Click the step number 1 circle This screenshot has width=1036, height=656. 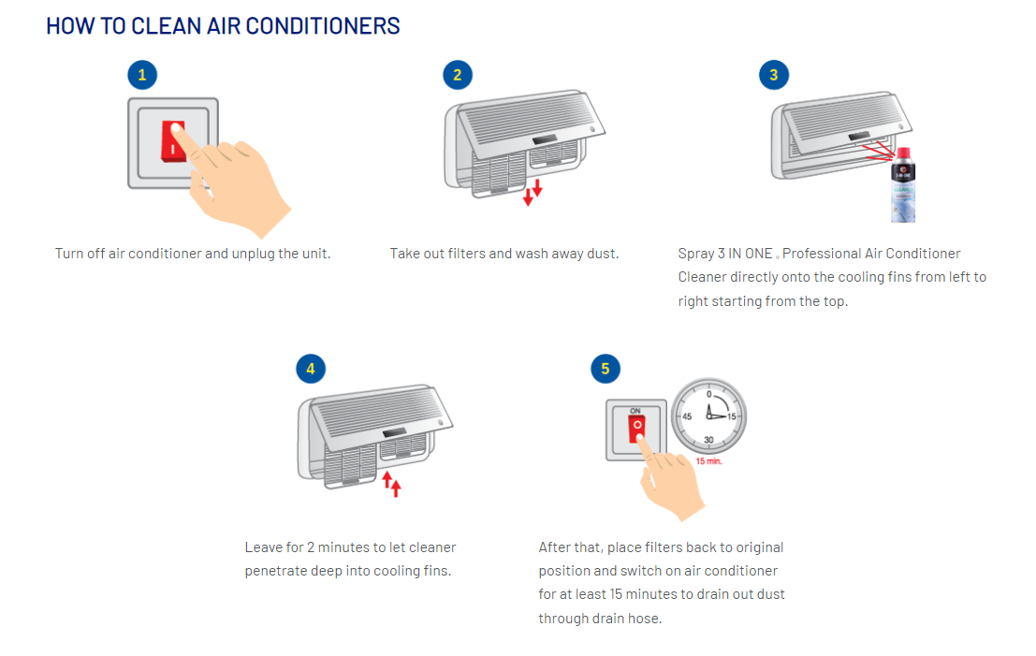(x=142, y=76)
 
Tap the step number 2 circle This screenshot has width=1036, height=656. (x=458, y=76)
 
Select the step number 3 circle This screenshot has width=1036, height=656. (x=773, y=76)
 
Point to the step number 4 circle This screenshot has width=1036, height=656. (x=311, y=369)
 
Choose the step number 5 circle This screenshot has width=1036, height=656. (x=606, y=369)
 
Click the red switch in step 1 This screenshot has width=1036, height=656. (x=174, y=140)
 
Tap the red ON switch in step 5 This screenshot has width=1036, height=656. (x=635, y=430)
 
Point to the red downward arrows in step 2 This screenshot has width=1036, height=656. (x=533, y=191)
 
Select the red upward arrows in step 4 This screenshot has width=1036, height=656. (x=391, y=483)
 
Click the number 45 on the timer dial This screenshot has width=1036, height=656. (x=687, y=416)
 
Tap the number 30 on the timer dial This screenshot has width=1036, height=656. (x=708, y=440)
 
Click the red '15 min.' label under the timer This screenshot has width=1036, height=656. (x=708, y=461)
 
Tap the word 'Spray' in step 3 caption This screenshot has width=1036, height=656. (x=695, y=254)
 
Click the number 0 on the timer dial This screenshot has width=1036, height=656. (x=708, y=394)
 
